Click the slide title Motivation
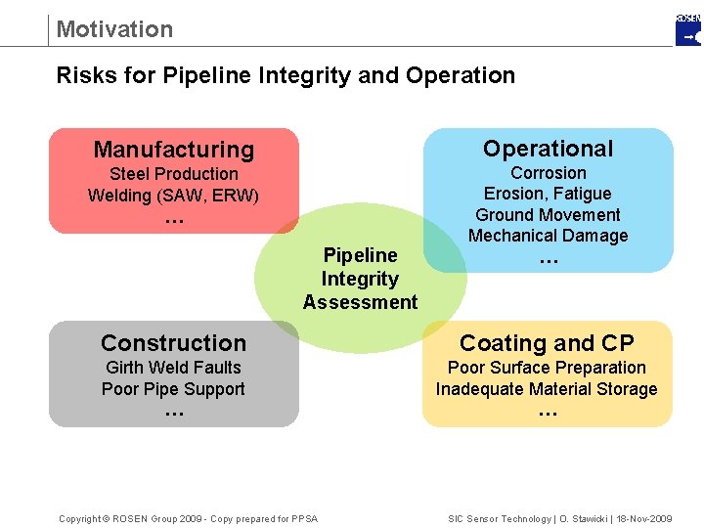click(x=114, y=29)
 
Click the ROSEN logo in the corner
click(x=688, y=30)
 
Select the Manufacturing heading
click(x=174, y=150)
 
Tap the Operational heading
click(x=548, y=149)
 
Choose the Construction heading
click(x=174, y=343)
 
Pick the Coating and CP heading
click(x=547, y=343)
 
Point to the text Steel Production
click(x=174, y=174)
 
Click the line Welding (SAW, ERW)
click(x=174, y=195)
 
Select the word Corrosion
click(x=548, y=173)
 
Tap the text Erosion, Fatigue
click(x=548, y=194)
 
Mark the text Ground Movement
click(x=548, y=214)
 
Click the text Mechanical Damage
click(x=548, y=236)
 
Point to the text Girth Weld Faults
click(x=174, y=368)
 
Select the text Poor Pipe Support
click(x=174, y=389)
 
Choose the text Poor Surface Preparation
click(x=547, y=368)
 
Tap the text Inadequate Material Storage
click(x=547, y=389)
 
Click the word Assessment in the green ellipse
click(x=360, y=302)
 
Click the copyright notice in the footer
click(x=188, y=518)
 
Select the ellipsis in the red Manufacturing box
click(x=174, y=220)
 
